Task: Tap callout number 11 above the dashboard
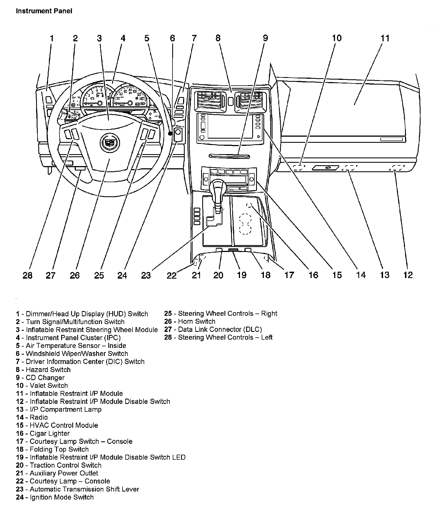coord(385,38)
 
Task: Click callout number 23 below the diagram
coord(146,275)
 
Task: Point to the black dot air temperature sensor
coord(170,134)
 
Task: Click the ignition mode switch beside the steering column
coord(178,134)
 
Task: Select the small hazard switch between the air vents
coord(230,101)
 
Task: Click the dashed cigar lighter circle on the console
coord(249,205)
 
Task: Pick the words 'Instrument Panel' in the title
coord(44,11)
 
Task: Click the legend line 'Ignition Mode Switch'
coord(55,497)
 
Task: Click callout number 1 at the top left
coord(51,38)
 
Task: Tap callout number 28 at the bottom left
coord(27,275)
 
